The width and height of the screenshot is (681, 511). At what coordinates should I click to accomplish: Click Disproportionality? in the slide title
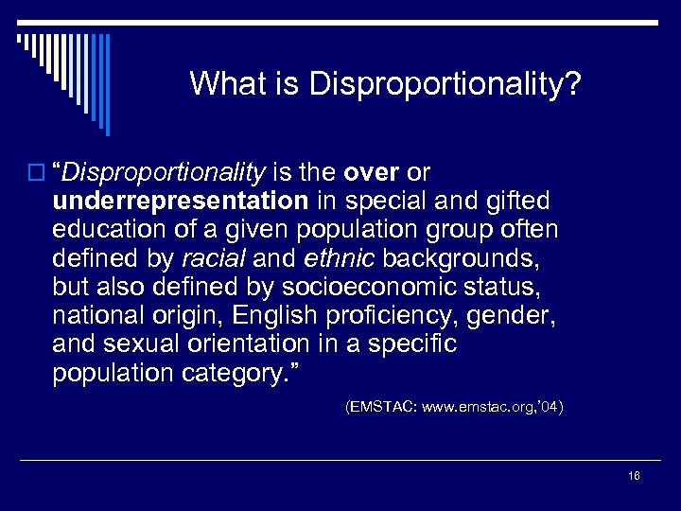[x=445, y=85]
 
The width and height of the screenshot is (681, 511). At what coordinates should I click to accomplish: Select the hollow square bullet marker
[x=37, y=173]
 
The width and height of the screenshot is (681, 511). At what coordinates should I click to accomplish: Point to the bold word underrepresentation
[x=180, y=202]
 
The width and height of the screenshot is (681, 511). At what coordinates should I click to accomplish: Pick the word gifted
[x=521, y=202]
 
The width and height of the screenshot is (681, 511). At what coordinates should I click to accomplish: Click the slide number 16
[x=634, y=475]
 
